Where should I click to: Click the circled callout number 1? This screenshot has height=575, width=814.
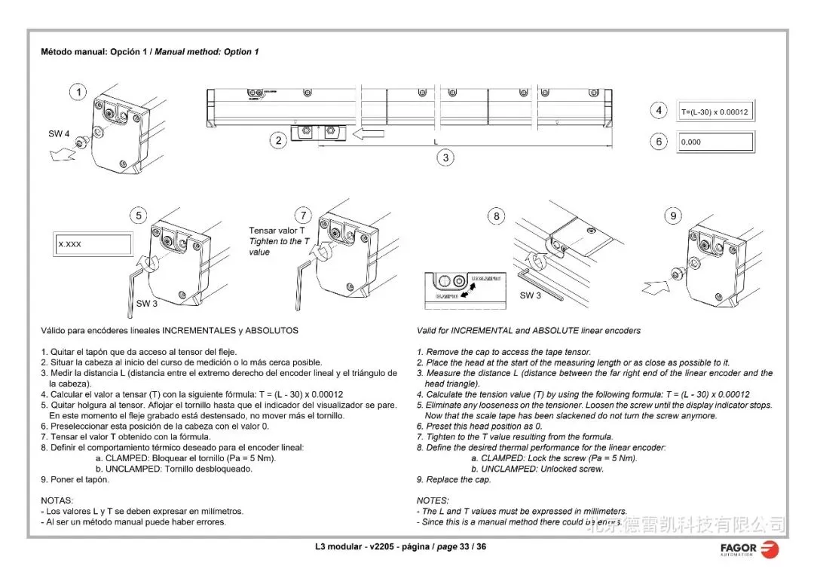point(78,93)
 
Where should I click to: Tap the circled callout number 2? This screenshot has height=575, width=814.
point(279,140)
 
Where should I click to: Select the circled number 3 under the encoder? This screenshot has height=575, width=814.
point(446,158)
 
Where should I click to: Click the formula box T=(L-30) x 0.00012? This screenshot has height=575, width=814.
point(715,112)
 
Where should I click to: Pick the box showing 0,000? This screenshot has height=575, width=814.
point(715,142)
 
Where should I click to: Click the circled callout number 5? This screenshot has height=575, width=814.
point(138,216)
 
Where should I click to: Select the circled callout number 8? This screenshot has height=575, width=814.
point(496,217)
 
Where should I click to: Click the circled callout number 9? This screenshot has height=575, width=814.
point(673,216)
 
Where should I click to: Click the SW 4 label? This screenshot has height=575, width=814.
point(59,134)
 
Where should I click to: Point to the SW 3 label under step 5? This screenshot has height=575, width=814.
point(146,304)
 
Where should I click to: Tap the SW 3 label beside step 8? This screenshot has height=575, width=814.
point(530,295)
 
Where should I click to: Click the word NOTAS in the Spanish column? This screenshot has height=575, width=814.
point(57,500)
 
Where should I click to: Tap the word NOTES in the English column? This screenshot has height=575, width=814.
point(433,500)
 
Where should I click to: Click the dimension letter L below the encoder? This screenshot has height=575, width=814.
point(435,142)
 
